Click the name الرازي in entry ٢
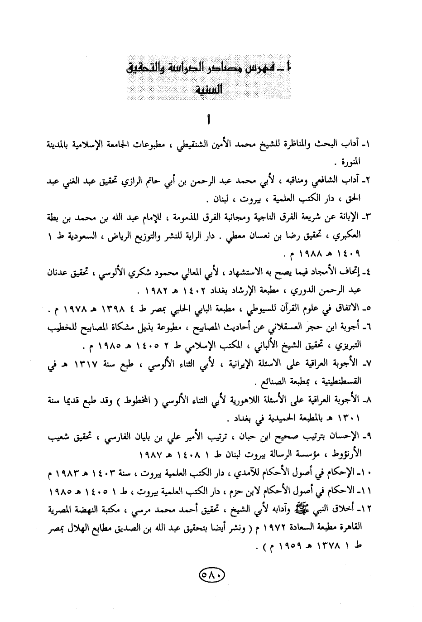pyautogui.click(x=156, y=181)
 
